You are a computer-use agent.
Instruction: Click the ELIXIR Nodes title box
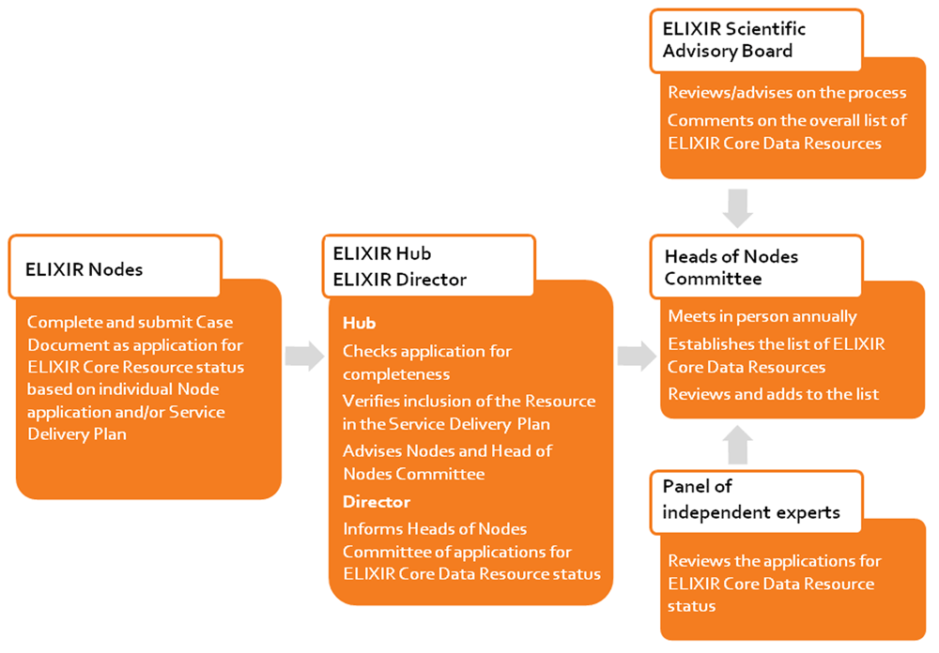115,266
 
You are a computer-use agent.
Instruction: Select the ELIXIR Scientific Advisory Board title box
756,40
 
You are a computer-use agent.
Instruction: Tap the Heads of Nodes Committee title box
756,266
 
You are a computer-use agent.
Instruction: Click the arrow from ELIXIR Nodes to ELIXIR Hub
304,357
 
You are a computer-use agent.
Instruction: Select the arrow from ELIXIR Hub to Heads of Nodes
638,357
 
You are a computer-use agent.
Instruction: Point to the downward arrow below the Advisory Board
738,208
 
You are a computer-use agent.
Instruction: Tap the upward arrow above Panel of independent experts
738,445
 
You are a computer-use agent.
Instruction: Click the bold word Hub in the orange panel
360,323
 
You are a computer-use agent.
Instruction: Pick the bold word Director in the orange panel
377,502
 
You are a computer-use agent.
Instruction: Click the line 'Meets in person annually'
762,316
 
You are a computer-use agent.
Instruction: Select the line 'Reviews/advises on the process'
787,93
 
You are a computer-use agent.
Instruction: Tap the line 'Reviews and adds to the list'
773,394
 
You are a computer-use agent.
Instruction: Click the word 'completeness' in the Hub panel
396,374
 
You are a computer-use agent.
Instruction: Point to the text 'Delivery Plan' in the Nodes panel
77,434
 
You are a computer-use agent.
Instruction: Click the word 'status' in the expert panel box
692,606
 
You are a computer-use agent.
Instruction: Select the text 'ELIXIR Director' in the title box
399,280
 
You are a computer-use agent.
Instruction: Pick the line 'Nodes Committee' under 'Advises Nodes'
414,474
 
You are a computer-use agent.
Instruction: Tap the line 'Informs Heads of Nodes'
435,529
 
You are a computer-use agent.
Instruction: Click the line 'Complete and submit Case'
130,322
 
